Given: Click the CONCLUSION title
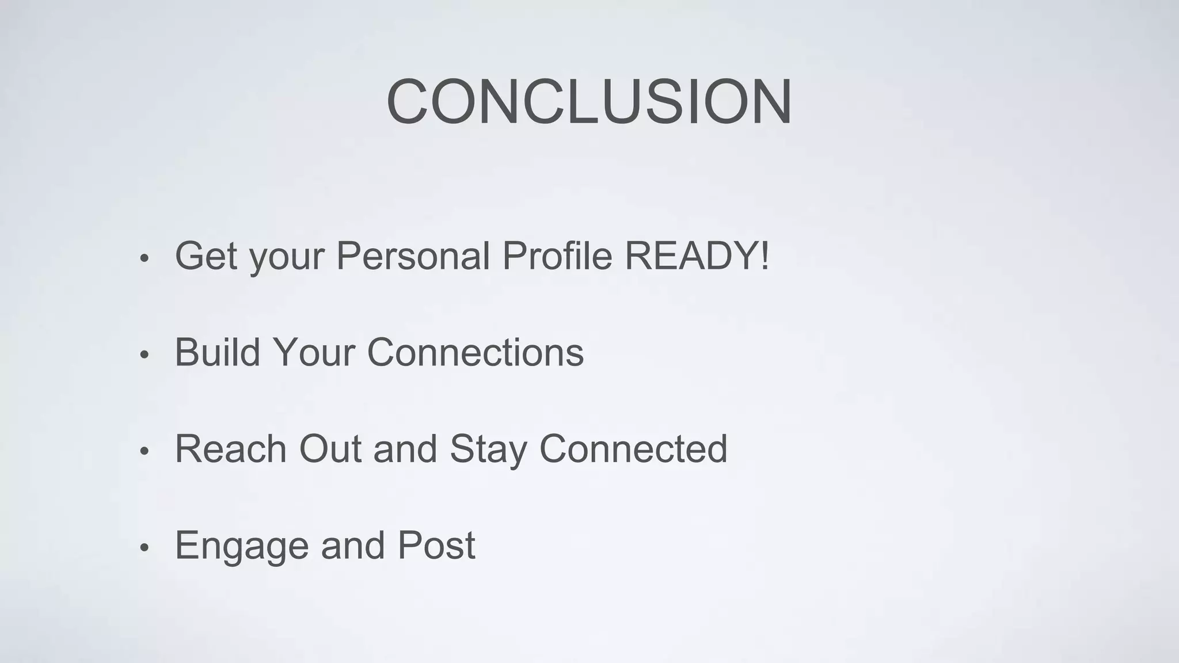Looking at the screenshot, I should click(x=589, y=102).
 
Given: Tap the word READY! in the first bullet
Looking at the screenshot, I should click(x=697, y=256).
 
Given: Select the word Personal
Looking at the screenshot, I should click(x=413, y=256).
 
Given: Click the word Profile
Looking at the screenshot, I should click(x=557, y=256).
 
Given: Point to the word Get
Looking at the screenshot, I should click(x=206, y=256).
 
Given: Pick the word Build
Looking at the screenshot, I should click(x=217, y=352).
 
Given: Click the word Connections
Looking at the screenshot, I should click(x=475, y=352).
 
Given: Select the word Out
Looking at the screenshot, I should click(x=330, y=449).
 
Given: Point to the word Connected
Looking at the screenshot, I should click(x=633, y=449).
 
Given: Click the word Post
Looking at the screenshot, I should click(x=436, y=546).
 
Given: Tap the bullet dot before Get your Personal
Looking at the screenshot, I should click(x=144, y=258).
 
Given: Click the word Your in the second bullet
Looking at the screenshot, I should click(x=313, y=352).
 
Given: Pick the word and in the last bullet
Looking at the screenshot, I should click(x=352, y=546).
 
